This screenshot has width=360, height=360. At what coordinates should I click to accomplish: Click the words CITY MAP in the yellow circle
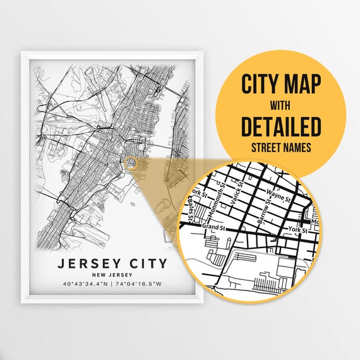pos(281,83)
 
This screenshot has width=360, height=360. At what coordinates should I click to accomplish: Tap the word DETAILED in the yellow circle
pos(281,127)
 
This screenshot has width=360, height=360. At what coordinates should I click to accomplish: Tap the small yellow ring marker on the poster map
pos(130,163)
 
